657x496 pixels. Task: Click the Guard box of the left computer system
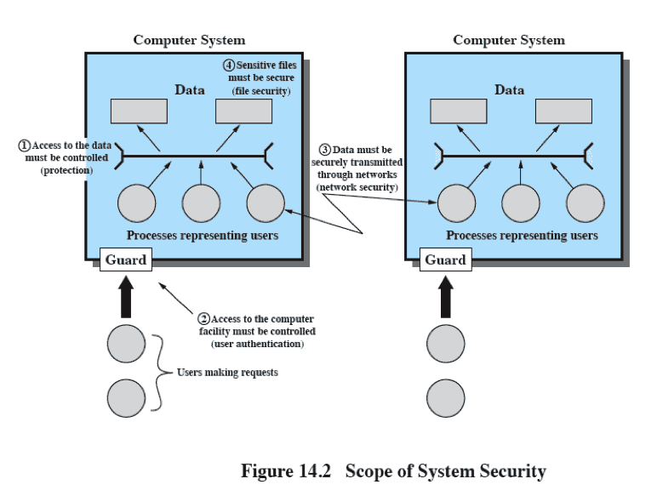coord(126,259)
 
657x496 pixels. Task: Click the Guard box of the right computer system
coord(445,259)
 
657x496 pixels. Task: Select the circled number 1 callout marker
coord(25,146)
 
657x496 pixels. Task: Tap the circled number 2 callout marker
coord(204,318)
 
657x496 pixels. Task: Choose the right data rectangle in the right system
coord(563,111)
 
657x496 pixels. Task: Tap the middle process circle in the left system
coord(202,203)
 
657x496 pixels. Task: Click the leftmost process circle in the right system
coord(457,203)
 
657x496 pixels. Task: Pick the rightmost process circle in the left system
coord(266,203)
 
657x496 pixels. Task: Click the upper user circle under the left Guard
coord(127,345)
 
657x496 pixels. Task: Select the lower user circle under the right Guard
coord(445,398)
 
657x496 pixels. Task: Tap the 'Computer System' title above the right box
coord(508,40)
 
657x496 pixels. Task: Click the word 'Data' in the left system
coord(190,89)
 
